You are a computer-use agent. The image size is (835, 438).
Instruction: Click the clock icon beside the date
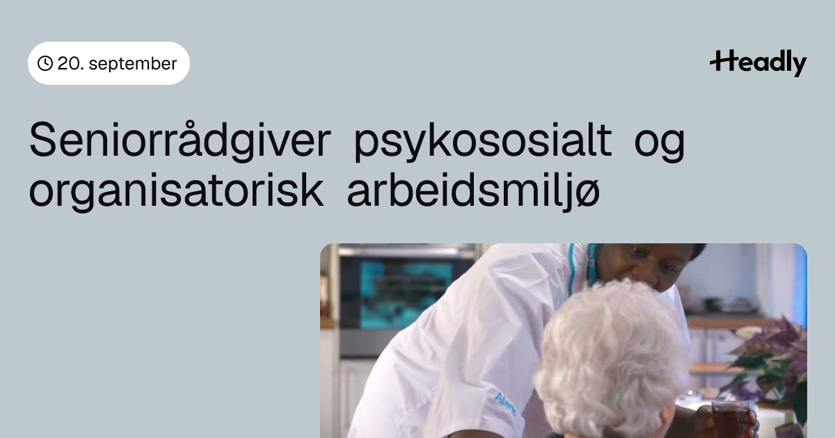(x=45, y=63)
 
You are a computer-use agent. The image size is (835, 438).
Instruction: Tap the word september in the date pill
(x=133, y=64)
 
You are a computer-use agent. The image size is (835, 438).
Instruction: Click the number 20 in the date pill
(x=69, y=63)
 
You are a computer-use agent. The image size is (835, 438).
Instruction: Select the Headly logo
(x=758, y=63)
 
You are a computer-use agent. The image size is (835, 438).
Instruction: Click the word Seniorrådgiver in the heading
(x=180, y=140)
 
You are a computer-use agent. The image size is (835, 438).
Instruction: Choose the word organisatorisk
(x=176, y=191)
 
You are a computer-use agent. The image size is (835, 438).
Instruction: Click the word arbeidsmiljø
(x=473, y=191)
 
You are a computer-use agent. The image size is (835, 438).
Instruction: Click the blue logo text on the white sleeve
(x=505, y=404)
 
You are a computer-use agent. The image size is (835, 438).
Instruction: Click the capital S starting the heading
(x=42, y=140)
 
